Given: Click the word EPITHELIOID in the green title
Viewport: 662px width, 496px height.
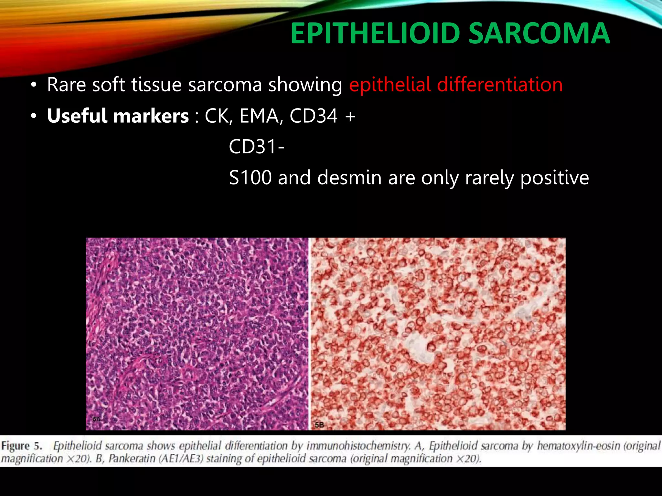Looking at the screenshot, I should coord(375,33).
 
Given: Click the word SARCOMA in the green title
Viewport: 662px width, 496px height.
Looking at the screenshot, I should coord(539,33).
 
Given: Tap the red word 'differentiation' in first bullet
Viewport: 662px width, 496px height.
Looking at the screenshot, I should coord(500,85).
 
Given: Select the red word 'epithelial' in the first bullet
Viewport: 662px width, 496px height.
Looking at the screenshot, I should coord(390,85).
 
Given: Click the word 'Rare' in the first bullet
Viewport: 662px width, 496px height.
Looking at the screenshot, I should coord(66,85).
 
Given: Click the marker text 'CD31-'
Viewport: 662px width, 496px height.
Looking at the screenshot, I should coord(257,147).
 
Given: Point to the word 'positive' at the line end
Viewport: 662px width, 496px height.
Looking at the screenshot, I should coord(554,178).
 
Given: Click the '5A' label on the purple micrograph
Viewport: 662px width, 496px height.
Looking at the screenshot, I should coord(97,419).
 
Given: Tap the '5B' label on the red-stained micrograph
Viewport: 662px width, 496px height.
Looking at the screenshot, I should coord(319,425).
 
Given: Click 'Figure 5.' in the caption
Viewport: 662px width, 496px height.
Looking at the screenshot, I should coord(22,446).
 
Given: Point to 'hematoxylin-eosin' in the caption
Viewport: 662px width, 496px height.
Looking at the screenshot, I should coord(578,446).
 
